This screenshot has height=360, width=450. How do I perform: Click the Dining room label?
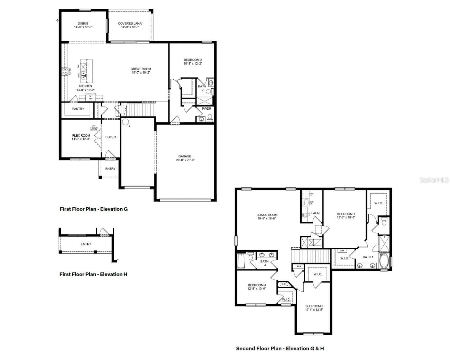coord(83,23)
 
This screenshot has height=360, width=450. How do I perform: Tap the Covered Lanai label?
coord(130,23)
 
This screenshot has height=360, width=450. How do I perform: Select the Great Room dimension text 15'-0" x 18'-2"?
coord(141,73)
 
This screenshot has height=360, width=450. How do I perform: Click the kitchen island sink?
coord(83,76)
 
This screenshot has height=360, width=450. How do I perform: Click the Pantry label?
coord(78,109)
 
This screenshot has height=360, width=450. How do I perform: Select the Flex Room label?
coord(81,135)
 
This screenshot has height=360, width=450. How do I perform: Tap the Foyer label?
coord(111,137)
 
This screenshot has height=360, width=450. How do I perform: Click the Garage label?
coord(185,156)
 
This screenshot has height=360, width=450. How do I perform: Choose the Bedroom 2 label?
coord(193,60)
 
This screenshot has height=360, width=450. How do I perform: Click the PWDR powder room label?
coord(206,109)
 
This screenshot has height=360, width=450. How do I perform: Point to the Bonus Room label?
coord(267,215)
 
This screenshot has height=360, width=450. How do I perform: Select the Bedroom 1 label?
coord(346,214)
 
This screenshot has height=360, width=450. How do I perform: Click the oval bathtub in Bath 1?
coord(384,262)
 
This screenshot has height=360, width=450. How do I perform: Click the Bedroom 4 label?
coord(257,285)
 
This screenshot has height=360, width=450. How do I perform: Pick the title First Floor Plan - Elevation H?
coord(93,274)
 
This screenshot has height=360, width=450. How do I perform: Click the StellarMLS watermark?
coord(434,180)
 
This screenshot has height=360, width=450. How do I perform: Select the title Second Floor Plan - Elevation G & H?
coord(280,348)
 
